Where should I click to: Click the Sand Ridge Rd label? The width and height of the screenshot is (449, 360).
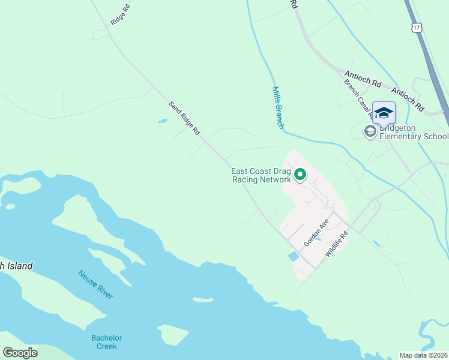pyautogui.click(x=184, y=118)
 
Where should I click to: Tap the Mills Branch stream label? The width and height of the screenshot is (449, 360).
pyautogui.click(x=277, y=108)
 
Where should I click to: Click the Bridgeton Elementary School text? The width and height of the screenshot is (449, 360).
pyautogui.click(x=413, y=132)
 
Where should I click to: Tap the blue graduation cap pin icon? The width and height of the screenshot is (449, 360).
pyautogui.click(x=384, y=113)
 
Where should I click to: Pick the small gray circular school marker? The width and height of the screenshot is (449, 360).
pyautogui.click(x=370, y=131)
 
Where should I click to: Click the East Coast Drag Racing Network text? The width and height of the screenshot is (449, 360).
pyautogui.click(x=261, y=175)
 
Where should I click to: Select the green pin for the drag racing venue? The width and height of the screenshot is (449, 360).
pyautogui.click(x=300, y=175)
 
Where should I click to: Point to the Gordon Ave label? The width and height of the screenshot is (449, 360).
pyautogui.click(x=316, y=232)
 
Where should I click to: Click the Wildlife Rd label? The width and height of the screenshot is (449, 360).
pyautogui.click(x=337, y=245)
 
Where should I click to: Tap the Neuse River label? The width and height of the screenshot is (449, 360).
pyautogui.click(x=95, y=284)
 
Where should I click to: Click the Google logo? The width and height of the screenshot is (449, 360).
pyautogui.click(x=20, y=353)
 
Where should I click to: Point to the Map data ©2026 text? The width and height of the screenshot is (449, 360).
pyautogui.click(x=424, y=355)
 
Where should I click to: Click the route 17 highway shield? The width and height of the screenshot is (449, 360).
pyautogui.click(x=417, y=27)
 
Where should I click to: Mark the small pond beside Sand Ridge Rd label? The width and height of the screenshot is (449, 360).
pyautogui.click(x=163, y=121)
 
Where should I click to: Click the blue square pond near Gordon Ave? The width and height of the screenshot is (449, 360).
pyautogui.click(x=293, y=256)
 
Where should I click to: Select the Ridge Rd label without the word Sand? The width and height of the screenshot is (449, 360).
pyautogui.click(x=120, y=15)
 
